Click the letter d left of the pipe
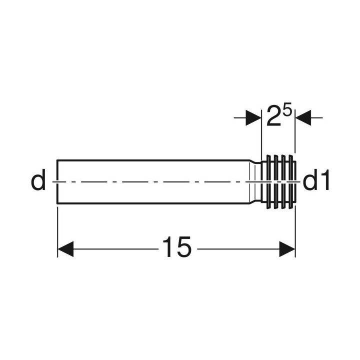pos(38,180)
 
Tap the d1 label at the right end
pos(316,180)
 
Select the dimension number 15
pos(176,247)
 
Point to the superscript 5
pos(287,108)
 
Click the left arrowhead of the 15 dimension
pos(65,249)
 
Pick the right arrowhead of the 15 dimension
pos(287,249)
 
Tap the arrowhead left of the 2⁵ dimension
pos(253,118)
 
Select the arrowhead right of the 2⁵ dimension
pos(303,118)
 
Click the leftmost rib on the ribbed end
pos(268,182)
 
